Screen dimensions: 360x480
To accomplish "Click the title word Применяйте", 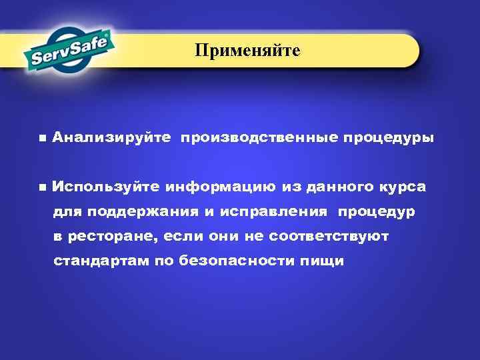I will tap(247, 51).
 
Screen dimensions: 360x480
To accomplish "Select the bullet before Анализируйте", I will tap(42, 139).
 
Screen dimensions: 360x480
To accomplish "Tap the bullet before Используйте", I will tap(42, 187).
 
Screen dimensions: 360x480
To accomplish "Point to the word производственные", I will tap(259, 139).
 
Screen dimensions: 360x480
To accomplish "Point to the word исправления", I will tap(282, 212).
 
